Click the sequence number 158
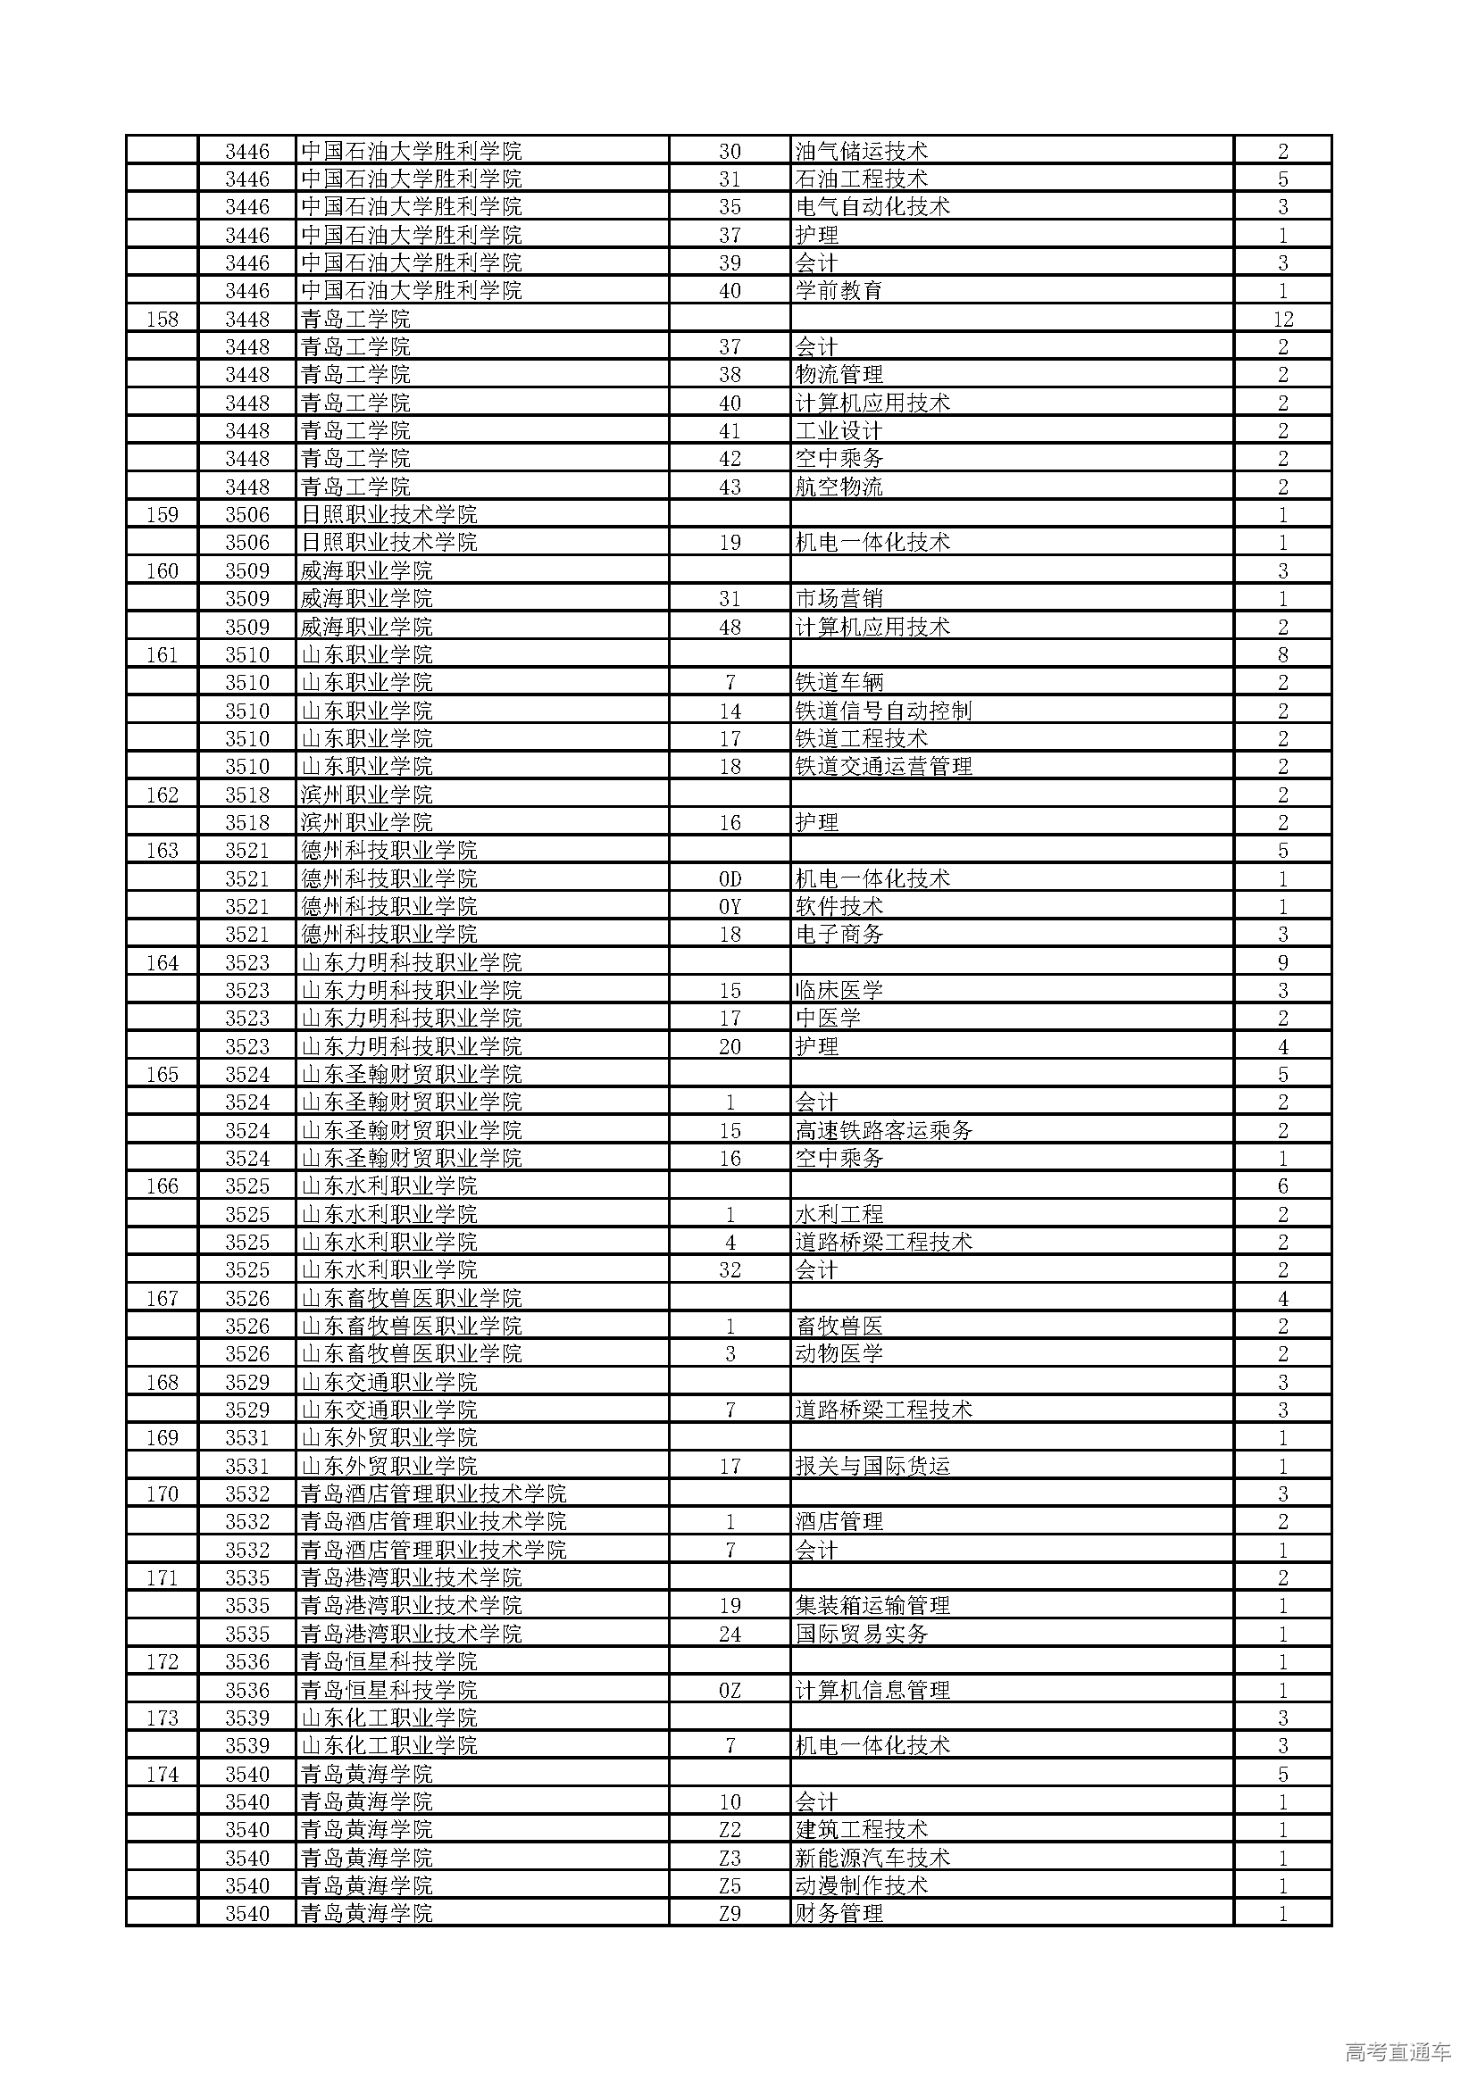pos(162,320)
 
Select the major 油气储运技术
pos(860,151)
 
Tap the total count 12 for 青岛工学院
pos(1282,320)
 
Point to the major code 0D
pos(730,878)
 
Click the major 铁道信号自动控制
pos(883,711)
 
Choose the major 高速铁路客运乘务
pos(883,1130)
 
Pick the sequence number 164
pos(162,962)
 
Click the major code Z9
pos(730,1913)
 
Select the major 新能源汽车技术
pos(872,1857)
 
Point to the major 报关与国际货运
pos(872,1466)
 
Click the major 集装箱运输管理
pos(872,1606)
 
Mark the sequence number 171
pos(162,1577)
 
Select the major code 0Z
pos(730,1690)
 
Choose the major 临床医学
pos(839,990)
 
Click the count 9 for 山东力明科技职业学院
pos(1282,962)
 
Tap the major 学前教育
pos(839,291)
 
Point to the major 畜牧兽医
pos(839,1326)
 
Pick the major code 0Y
pos(730,907)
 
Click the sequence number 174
pos(162,1774)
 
